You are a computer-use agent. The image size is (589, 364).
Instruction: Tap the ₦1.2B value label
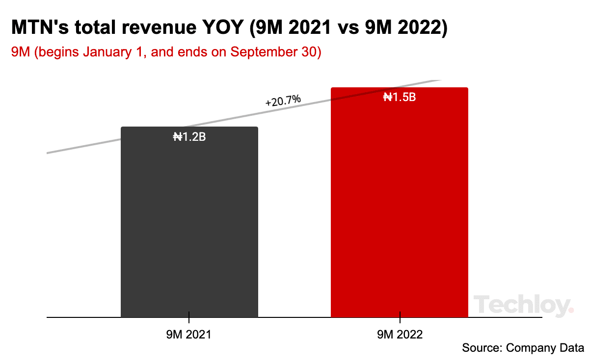tap(189, 137)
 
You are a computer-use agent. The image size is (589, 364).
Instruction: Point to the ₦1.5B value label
tap(400, 97)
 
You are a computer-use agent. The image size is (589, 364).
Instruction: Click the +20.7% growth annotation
tap(283, 101)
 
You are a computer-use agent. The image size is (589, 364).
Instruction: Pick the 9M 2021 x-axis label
tap(189, 335)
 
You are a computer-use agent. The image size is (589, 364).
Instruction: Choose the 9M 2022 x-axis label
tap(400, 335)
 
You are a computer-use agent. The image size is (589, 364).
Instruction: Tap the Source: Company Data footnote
tap(523, 348)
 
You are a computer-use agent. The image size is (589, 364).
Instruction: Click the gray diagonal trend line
tap(83, 145)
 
